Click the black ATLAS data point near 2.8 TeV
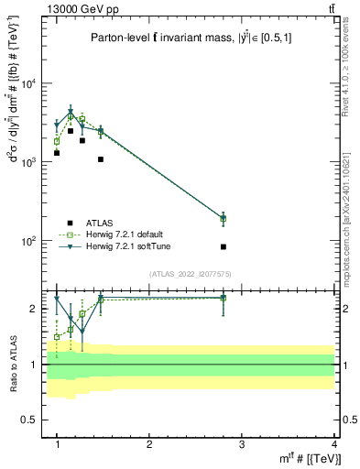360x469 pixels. point(223,246)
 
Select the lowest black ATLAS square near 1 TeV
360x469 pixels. point(57,153)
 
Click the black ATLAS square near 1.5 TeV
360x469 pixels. point(101,159)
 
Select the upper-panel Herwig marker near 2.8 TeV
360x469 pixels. point(223,218)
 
